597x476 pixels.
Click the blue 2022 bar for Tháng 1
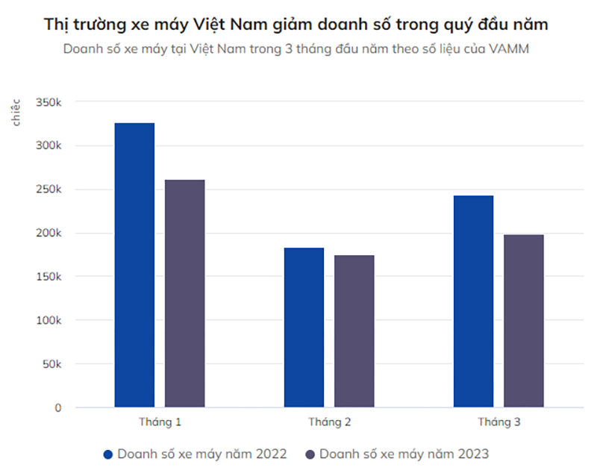click(134, 265)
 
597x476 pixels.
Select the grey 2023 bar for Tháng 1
click(184, 293)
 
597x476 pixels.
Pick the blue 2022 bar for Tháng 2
click(304, 328)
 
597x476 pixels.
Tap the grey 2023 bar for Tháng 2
click(354, 331)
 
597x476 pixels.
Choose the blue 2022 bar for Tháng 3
click(473, 301)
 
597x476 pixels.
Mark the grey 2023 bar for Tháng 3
click(523, 321)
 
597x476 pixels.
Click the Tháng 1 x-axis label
click(160, 422)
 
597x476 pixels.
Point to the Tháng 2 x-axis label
click(329, 422)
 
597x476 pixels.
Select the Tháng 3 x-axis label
click(498, 422)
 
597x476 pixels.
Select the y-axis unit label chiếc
click(16, 111)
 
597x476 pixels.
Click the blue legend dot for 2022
click(108, 454)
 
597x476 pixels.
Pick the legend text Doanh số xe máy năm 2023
click(404, 454)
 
